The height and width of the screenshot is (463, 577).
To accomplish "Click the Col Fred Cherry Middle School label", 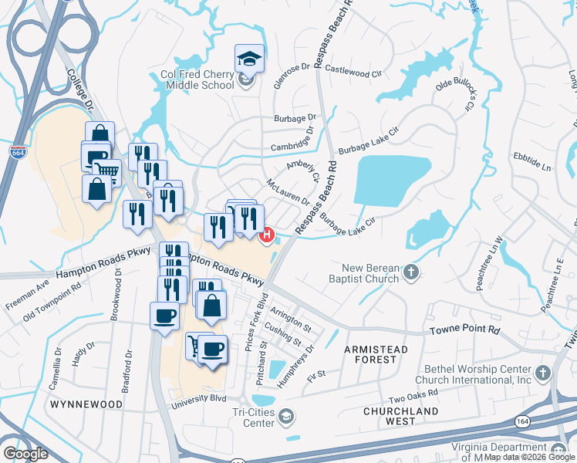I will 197,79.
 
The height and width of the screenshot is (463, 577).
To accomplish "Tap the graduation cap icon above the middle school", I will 250,58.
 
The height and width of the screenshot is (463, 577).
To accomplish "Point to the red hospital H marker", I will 268,234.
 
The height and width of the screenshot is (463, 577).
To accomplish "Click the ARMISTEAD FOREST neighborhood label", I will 376,355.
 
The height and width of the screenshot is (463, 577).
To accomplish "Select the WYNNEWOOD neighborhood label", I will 86,404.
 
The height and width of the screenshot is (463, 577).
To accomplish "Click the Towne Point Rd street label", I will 465,330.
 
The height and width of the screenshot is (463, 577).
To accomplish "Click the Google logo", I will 25,453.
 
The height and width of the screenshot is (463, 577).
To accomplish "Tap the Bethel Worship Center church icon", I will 545,373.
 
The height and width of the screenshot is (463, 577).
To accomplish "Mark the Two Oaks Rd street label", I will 413,395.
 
